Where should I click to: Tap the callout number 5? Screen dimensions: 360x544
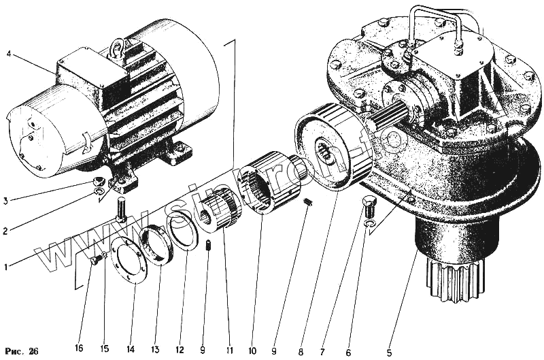(x=390, y=333)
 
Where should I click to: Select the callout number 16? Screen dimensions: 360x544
(x=79, y=349)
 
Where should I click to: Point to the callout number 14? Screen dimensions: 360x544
(x=131, y=349)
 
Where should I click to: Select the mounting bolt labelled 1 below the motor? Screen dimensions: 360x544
(x=122, y=208)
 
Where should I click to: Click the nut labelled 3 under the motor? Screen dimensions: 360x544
(x=99, y=182)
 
